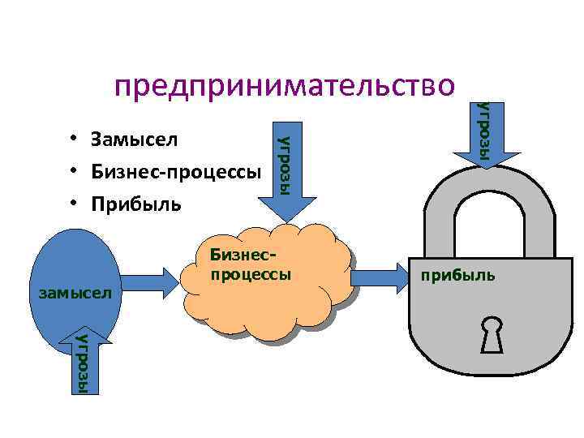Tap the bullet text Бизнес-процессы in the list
(x=176, y=172)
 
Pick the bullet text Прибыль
(x=136, y=204)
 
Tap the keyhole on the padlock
(x=492, y=334)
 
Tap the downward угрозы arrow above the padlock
(x=485, y=134)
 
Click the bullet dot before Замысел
(x=73, y=140)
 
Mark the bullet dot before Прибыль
(x=73, y=204)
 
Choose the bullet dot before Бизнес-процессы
(x=73, y=172)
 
